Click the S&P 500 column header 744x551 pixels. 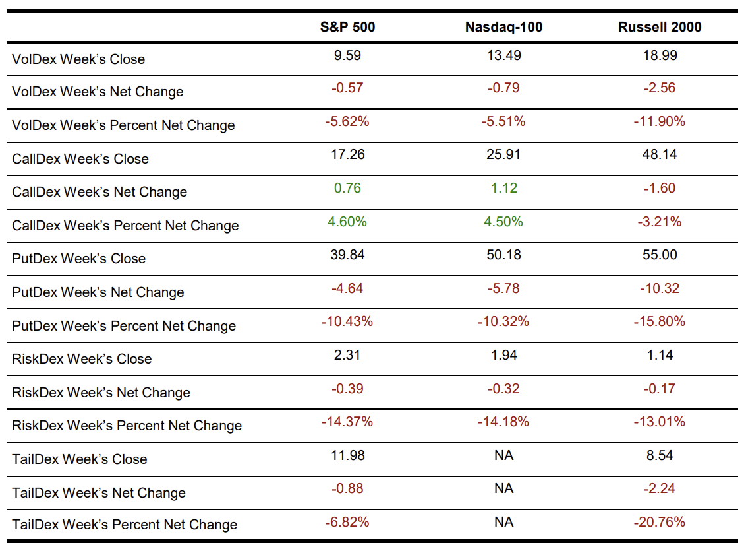click(347, 27)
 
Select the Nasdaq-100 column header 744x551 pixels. click(503, 27)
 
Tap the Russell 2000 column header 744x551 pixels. click(660, 27)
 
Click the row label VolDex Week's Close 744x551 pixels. click(78, 59)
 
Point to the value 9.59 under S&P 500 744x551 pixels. click(347, 55)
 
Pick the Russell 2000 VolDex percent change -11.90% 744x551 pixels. click(660, 121)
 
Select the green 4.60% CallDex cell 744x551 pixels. click(347, 222)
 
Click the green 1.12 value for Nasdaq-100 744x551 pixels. click(503, 188)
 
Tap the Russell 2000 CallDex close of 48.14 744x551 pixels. click(660, 154)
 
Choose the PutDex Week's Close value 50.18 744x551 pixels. click(503, 255)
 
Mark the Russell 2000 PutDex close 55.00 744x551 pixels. click(660, 255)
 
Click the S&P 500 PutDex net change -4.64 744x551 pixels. click(347, 288)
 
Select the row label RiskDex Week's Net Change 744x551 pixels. click(101, 393)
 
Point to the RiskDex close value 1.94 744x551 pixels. click(503, 355)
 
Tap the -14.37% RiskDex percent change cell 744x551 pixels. click(347, 422)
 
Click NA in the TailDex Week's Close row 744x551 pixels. click(503, 455)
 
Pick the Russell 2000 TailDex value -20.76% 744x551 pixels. click(660, 522)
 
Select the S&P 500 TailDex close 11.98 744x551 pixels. click(347, 455)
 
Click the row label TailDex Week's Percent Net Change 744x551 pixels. click(125, 525)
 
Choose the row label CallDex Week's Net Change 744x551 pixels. click(100, 192)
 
